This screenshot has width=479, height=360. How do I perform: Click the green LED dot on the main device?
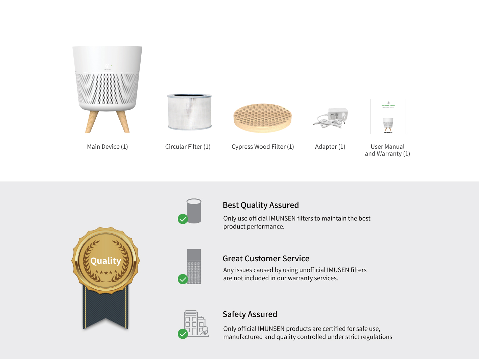(112, 66)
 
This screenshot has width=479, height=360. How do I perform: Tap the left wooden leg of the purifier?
(92, 122)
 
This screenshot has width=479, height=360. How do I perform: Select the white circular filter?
(189, 112)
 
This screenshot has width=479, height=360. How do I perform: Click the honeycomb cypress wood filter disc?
(263, 118)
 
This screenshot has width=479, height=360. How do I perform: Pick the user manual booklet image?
(388, 116)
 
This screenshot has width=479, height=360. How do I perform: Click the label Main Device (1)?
(107, 147)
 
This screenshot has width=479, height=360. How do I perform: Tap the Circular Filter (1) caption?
(188, 147)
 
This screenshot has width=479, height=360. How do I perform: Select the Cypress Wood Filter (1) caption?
(263, 147)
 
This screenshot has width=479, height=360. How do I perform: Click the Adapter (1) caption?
(330, 147)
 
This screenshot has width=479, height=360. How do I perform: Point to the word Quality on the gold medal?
(105, 261)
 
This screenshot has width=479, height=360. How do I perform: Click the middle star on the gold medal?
(106, 272)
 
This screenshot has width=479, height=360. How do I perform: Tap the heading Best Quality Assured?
(261, 205)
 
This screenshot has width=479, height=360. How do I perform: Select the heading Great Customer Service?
(266, 259)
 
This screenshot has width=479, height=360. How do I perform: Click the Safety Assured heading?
(250, 314)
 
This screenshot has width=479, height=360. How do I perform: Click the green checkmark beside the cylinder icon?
(183, 219)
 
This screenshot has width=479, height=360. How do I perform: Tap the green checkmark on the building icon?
(183, 334)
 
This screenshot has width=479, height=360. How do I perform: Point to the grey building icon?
(196, 323)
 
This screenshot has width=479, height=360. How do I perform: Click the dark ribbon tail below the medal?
(105, 308)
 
